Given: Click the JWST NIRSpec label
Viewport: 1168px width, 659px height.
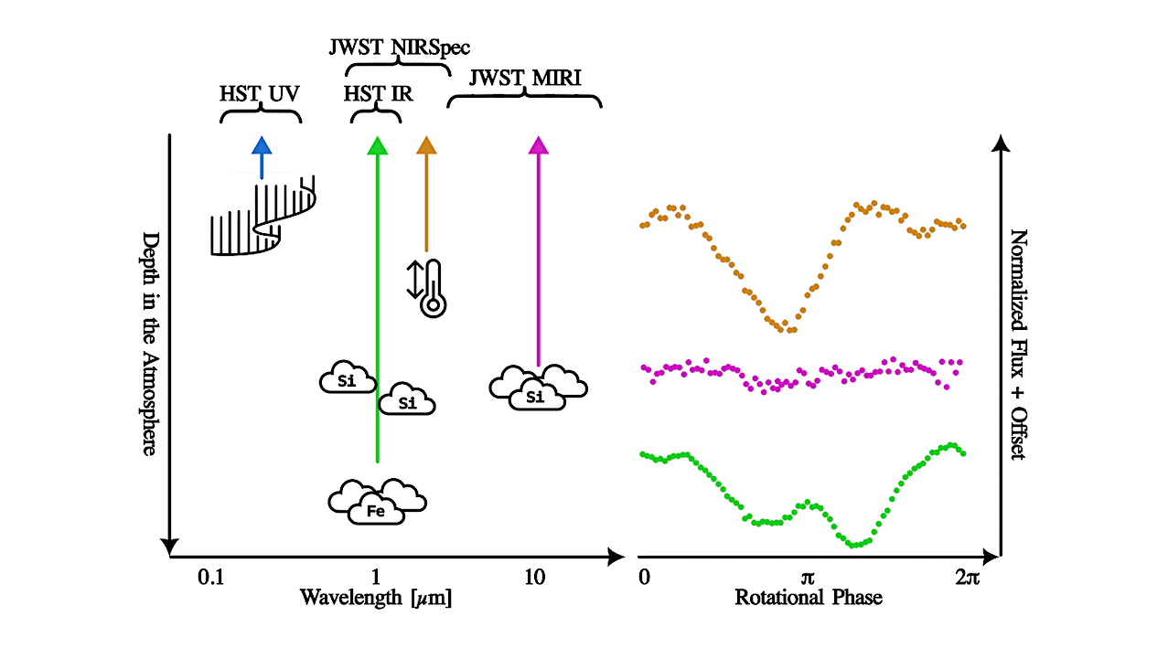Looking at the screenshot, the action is click(x=400, y=48).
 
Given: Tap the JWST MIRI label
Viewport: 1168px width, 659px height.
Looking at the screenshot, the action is click(x=525, y=78).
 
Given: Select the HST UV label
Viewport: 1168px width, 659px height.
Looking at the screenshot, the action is click(x=259, y=94).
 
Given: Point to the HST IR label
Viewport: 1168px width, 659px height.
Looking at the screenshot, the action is click(x=378, y=94).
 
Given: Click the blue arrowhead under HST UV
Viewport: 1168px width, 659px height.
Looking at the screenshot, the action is click(x=262, y=146).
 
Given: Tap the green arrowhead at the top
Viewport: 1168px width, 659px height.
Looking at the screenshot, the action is click(x=378, y=146).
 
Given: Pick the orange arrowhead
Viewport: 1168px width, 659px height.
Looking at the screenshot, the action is click(x=426, y=146).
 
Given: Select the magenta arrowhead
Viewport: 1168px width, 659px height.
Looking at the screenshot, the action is click(x=538, y=146).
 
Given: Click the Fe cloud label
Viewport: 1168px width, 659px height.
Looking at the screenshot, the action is click(x=376, y=512).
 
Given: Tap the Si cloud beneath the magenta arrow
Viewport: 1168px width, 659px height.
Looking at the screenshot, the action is click(x=538, y=388).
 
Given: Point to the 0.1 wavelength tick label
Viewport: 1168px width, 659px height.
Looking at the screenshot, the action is click(x=210, y=578).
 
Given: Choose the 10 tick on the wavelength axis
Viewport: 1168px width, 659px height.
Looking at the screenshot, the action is click(x=535, y=578).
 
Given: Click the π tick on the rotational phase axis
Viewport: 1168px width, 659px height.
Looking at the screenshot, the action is click(x=807, y=579).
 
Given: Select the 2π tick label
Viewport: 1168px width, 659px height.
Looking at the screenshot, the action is click(x=968, y=578).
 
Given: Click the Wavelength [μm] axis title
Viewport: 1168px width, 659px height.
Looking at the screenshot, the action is click(x=376, y=598).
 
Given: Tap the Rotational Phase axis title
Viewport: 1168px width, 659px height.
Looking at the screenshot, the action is click(x=809, y=598).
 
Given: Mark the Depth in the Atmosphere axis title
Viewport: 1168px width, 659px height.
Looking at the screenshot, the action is click(x=150, y=344).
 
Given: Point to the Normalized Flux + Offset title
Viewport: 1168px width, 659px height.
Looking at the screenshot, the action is click(x=1018, y=345).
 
